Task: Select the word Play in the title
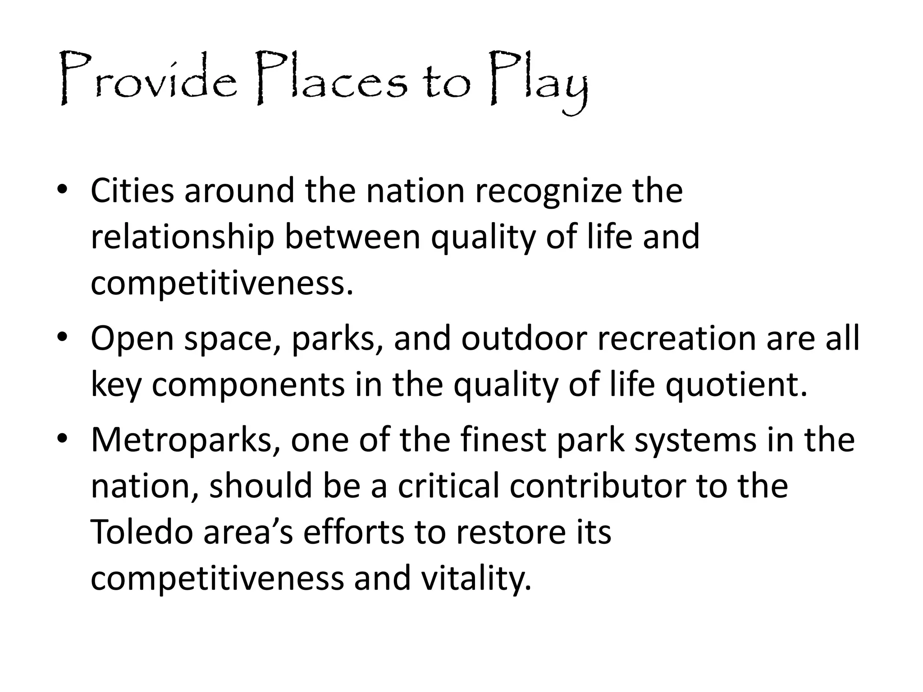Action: [539, 81]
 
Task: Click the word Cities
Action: [132, 191]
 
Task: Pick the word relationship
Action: [182, 237]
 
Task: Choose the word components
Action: [248, 386]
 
